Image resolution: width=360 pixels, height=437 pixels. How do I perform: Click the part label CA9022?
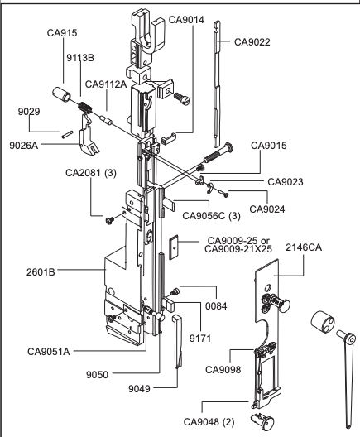tap(252, 42)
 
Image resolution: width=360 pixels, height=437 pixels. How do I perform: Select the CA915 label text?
tap(62, 33)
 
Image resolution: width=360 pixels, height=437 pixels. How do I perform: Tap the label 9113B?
tap(80, 58)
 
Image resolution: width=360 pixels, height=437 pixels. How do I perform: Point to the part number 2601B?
tap(41, 272)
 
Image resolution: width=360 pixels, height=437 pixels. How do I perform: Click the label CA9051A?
tap(49, 352)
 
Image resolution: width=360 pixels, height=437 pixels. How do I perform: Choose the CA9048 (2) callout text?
tap(209, 422)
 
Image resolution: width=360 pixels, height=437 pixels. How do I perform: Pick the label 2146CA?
tap(304, 247)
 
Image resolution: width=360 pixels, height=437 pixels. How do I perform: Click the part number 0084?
tap(216, 306)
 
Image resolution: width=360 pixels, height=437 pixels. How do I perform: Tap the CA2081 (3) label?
tap(91, 173)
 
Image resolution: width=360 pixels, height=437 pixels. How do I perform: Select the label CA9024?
tap(267, 209)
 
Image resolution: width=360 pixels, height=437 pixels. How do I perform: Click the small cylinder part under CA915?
tap(61, 94)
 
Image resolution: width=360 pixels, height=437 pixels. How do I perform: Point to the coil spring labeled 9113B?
tap(85, 108)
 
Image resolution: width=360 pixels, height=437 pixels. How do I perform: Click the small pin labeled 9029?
tap(67, 134)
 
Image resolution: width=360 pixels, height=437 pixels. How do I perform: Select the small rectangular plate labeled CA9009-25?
tap(174, 247)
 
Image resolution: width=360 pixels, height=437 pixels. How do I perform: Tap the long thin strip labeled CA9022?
tap(217, 84)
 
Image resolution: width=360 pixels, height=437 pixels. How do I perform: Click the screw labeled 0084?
tap(175, 292)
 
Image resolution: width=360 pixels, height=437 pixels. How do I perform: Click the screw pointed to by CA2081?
tap(110, 220)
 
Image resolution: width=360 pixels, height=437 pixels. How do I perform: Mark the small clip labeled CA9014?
tap(168, 139)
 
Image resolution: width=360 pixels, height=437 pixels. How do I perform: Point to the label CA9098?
tap(223, 370)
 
